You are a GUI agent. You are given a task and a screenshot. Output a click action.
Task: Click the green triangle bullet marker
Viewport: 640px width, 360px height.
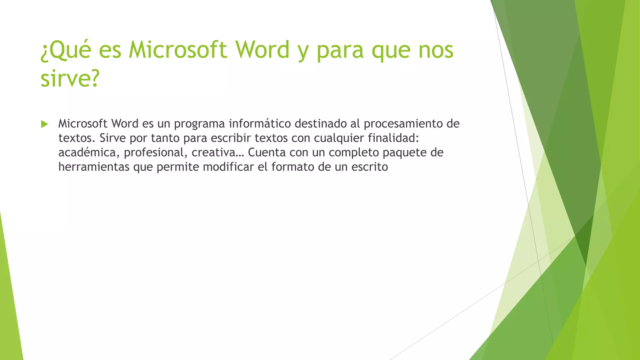point(44,124)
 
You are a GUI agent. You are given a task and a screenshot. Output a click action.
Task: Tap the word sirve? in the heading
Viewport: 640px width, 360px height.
point(70,78)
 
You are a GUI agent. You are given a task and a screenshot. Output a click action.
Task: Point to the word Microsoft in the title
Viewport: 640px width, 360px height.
point(178,50)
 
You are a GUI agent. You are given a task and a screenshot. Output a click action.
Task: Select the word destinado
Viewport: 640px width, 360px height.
point(320,124)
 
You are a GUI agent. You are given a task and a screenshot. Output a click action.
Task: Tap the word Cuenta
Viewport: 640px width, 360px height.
point(267,152)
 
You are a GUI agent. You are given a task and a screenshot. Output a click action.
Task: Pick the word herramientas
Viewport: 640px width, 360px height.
point(94,167)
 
